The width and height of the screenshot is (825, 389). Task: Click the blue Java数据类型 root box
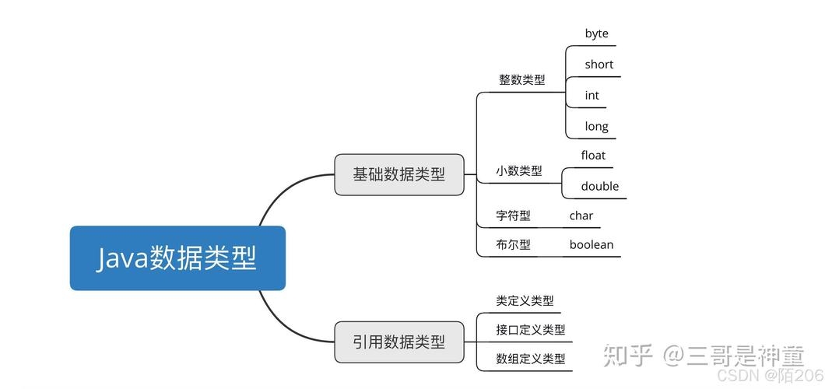click(177, 258)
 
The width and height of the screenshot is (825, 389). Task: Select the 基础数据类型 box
click(398, 174)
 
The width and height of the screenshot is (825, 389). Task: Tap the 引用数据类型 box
click(398, 342)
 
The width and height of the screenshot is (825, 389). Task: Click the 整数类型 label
click(521, 79)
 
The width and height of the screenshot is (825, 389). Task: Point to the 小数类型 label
click(519, 170)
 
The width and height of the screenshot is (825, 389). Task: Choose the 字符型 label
click(513, 216)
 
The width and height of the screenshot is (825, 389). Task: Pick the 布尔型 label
click(513, 244)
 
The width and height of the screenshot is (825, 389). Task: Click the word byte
click(597, 33)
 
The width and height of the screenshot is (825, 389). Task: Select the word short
click(599, 65)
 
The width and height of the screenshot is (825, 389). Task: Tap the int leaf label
click(592, 95)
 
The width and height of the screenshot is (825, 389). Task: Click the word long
click(596, 126)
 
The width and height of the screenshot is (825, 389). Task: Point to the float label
click(593, 156)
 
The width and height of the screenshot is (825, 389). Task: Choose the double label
click(600, 186)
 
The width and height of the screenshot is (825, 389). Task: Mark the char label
click(581, 216)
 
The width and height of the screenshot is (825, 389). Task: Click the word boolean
click(591, 244)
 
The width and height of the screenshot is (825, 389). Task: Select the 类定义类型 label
click(525, 300)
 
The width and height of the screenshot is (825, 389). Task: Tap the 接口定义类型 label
click(530, 330)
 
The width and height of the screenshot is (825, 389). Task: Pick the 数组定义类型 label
click(530, 359)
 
